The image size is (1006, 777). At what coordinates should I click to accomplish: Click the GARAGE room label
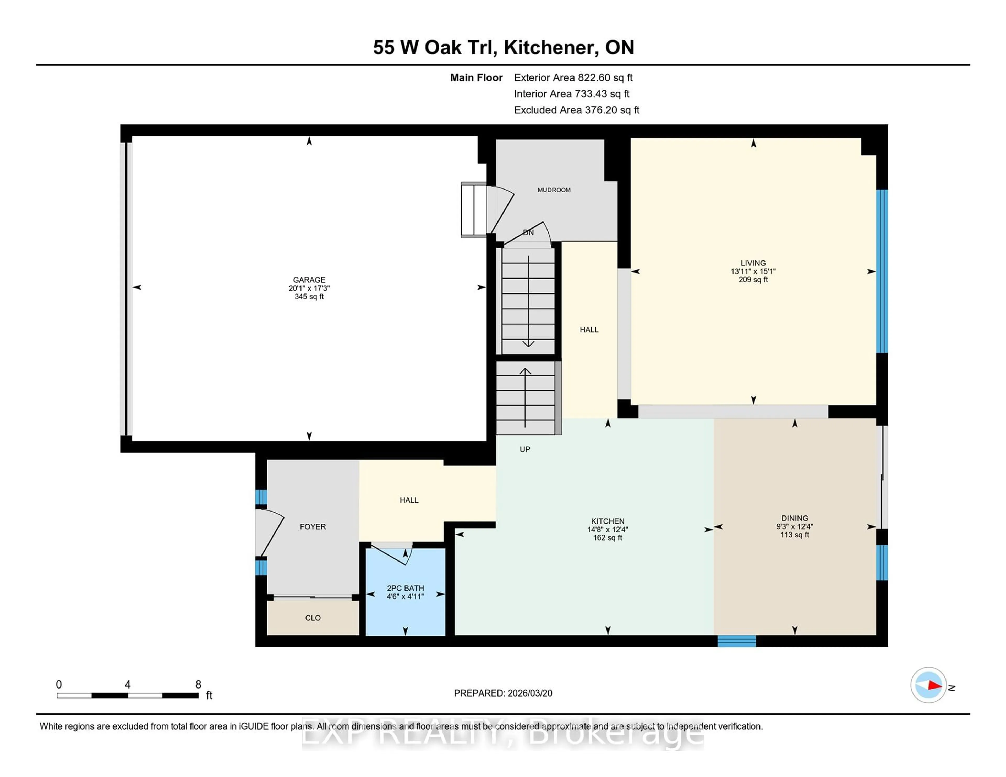coord(309,280)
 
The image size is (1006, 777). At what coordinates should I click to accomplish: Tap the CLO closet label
coord(313,618)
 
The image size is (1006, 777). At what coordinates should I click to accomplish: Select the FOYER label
coord(313,526)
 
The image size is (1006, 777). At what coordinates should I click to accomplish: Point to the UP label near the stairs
coord(525,449)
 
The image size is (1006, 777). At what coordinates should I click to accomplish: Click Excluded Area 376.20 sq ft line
coord(576,110)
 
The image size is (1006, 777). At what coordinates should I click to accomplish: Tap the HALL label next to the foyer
coord(409,500)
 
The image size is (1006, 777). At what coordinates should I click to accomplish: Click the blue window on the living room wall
coord(881,271)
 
